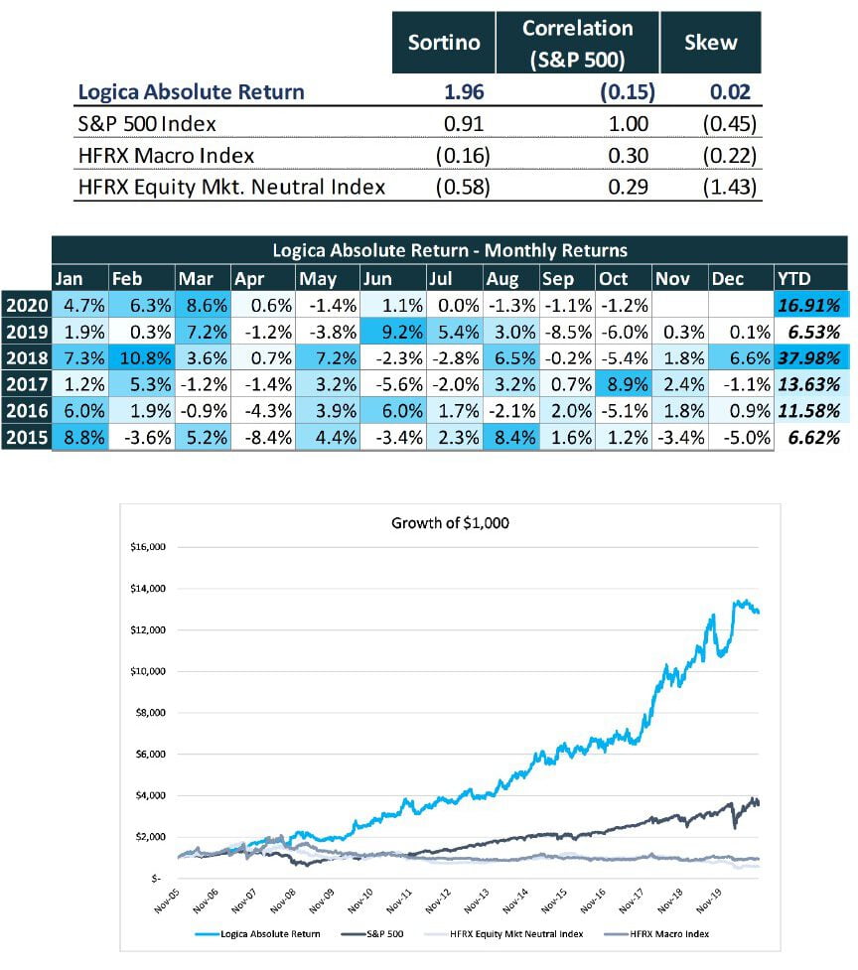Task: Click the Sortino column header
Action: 444,43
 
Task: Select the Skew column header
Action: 710,43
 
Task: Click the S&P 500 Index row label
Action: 147,124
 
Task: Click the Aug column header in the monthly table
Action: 500,279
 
